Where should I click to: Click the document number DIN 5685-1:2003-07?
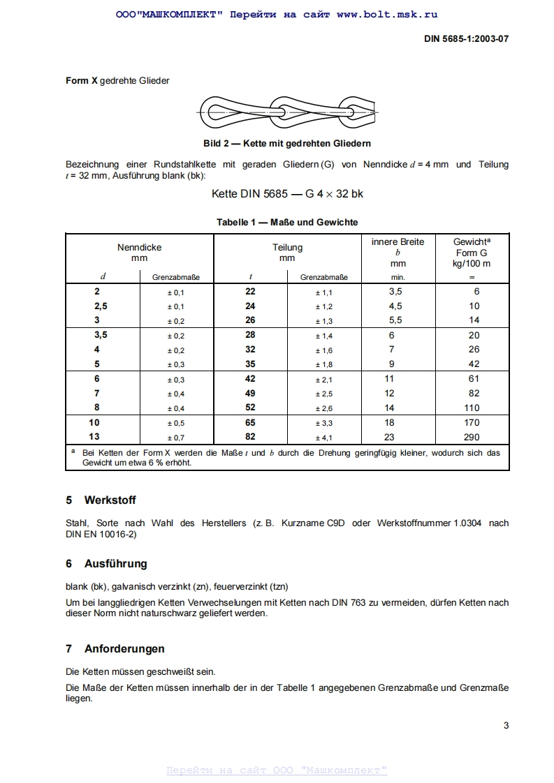[466, 39]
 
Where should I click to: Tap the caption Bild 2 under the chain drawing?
[286, 143]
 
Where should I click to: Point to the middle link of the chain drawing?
[287, 110]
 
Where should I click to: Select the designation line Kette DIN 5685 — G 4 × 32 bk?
[287, 193]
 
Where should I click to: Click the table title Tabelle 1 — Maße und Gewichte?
[287, 222]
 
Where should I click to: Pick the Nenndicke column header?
[139, 253]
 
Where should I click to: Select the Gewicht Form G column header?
[472, 253]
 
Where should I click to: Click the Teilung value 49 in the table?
[250, 394]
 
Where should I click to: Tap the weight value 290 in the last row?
[472, 438]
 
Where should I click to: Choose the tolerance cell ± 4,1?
[323, 438]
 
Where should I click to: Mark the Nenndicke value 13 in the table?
[94, 437]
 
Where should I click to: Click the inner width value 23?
[389, 438]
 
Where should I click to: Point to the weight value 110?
[472, 408]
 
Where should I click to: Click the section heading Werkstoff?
[110, 500]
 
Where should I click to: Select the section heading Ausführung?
[115, 564]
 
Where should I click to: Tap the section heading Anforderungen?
[124, 649]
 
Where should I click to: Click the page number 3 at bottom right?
[506, 725]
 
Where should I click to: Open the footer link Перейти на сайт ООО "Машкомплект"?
[277, 770]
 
